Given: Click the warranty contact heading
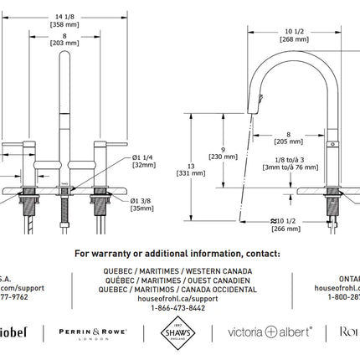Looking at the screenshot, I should pyautogui.click(x=177, y=252).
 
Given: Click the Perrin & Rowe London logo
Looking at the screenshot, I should pyautogui.click(x=92, y=332).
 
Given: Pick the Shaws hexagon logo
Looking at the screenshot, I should pyautogui.click(x=175, y=332).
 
